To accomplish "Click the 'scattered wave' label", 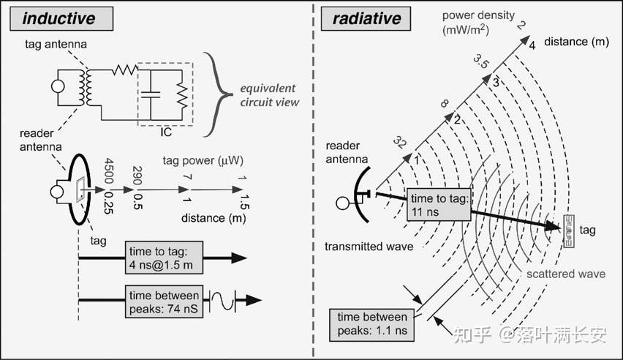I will coord(566,274).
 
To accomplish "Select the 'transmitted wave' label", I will coord(369,247).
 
